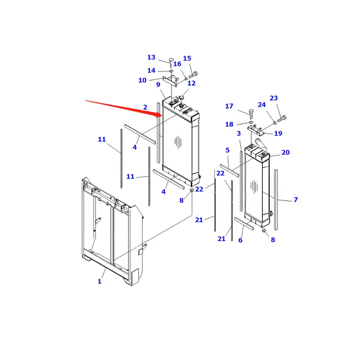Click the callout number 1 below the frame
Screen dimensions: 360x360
[x=99, y=282]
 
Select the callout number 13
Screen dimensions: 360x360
[x=151, y=57]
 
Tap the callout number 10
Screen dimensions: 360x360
[x=142, y=80]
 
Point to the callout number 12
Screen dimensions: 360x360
[x=192, y=83]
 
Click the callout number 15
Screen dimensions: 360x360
[x=187, y=58]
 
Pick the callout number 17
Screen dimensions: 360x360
[x=229, y=106]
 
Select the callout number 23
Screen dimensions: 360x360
[x=274, y=98]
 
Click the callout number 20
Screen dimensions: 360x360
[x=286, y=153]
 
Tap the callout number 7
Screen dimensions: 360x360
[x=296, y=199]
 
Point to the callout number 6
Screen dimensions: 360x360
[x=240, y=240]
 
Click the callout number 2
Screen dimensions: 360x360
[x=145, y=107]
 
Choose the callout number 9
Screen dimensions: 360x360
[x=158, y=85]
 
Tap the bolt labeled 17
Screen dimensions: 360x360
[x=251, y=112]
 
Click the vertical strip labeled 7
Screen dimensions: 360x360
[x=276, y=198]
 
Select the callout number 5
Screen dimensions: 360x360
[x=228, y=150]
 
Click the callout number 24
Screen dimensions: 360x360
[x=262, y=105]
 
